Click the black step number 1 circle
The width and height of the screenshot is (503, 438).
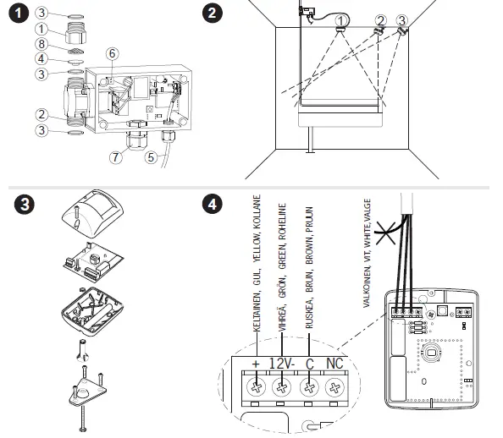click(19, 14)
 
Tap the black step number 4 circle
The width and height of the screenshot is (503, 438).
click(213, 204)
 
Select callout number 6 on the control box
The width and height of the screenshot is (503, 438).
click(112, 53)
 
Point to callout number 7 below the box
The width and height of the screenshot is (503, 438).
click(116, 157)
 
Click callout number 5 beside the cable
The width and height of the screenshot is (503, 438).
click(151, 157)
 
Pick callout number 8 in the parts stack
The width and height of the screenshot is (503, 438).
click(41, 44)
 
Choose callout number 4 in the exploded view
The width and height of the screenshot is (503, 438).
click(41, 59)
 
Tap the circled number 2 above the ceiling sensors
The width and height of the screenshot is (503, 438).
click(380, 21)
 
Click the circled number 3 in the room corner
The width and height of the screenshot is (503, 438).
click(401, 21)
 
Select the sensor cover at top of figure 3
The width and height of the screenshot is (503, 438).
click(92, 213)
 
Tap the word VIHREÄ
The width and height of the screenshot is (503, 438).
click(282, 317)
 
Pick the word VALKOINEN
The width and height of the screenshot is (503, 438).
click(367, 288)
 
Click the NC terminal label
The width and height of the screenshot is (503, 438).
click(334, 364)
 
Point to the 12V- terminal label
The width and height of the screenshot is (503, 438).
click(282, 364)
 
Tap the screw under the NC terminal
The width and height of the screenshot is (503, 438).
click(334, 388)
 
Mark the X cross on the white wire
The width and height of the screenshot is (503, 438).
click(385, 233)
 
